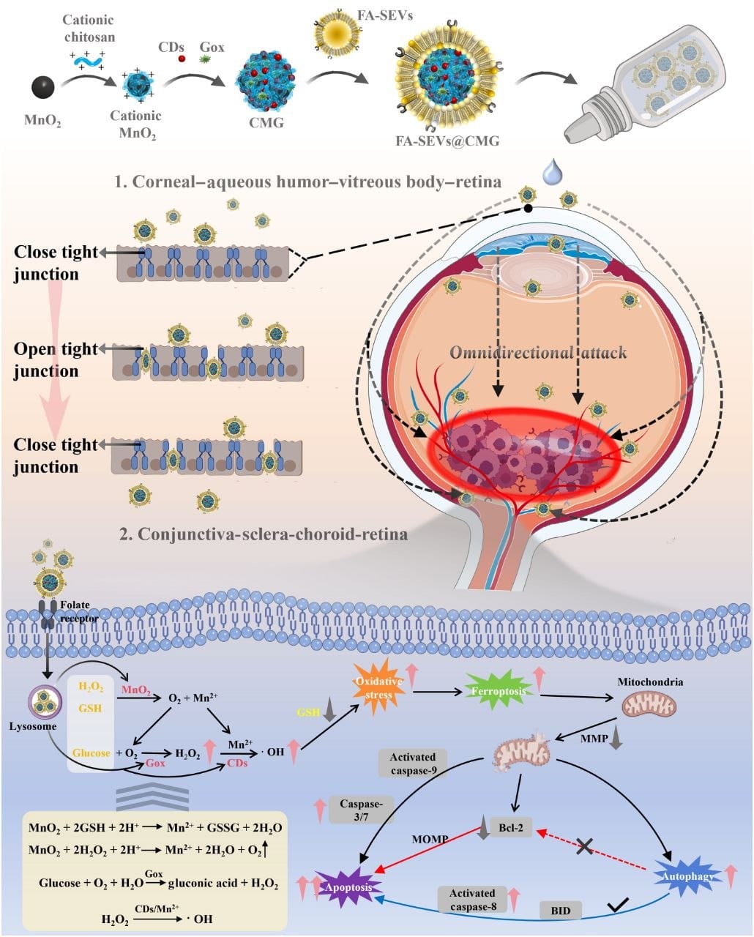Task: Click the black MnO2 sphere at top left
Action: tap(42, 87)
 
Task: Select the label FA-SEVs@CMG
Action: tap(447, 140)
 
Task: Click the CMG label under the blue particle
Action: tap(266, 122)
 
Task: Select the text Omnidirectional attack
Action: tap(538, 353)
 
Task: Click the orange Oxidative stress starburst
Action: tap(379, 687)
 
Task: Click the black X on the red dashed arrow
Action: tap(584, 847)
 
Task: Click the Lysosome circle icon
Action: tap(44, 703)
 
